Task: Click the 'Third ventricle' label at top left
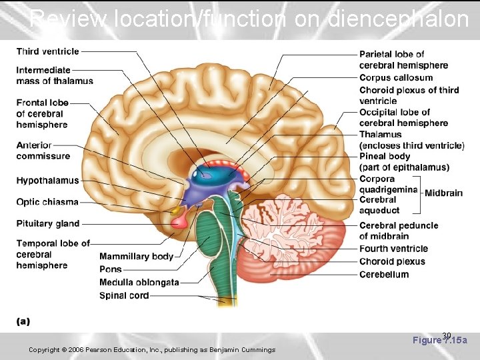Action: tap(47, 51)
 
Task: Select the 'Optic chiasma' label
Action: tap(47, 202)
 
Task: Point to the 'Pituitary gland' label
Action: tap(48, 223)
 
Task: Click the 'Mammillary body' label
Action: tap(136, 256)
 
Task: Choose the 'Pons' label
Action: tap(111, 269)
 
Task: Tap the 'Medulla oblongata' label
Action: tap(139, 282)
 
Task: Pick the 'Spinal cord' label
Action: tap(124, 295)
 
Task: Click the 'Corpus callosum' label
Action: tap(396, 77)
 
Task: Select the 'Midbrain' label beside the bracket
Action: tap(443, 193)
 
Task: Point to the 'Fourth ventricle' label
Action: tap(393, 249)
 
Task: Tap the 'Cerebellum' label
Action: tap(384, 274)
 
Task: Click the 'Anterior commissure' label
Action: tap(43, 151)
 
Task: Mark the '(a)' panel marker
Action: tap(23, 321)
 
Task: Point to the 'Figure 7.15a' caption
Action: tap(440, 340)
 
